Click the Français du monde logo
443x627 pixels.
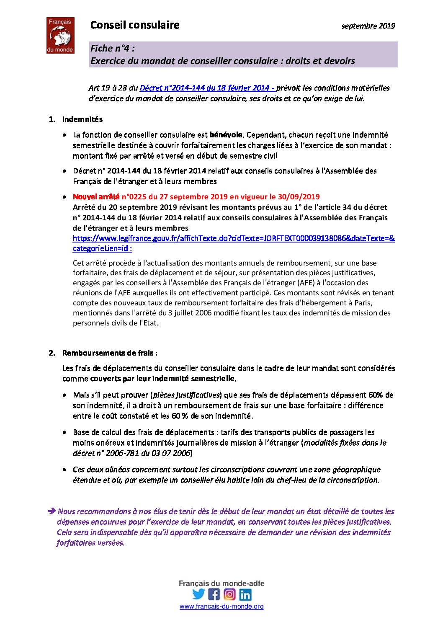pos(60,35)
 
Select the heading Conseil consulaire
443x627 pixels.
pos(135,25)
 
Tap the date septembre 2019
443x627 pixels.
pos(368,26)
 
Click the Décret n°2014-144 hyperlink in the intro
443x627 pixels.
pos(207,88)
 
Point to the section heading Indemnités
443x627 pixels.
pos(82,119)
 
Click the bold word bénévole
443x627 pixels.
pos(226,135)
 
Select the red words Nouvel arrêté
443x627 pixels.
pos(96,196)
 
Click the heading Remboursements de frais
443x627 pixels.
pos(110,353)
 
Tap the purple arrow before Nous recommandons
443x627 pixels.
pos(52,511)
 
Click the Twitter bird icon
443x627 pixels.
pos(198,594)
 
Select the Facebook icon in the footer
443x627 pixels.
pos(214,594)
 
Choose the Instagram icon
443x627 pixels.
pos(229,594)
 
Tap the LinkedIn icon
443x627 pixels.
pos(245,594)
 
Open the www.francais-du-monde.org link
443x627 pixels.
pos(221,606)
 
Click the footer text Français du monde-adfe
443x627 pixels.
pos(221,583)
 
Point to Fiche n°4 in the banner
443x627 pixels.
pos(113,49)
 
